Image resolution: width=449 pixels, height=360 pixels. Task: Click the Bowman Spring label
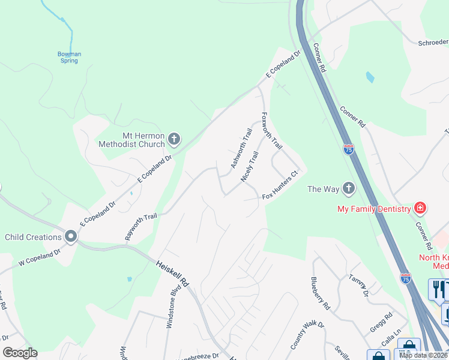click(69, 57)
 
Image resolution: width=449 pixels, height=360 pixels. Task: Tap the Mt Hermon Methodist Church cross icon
click(174, 140)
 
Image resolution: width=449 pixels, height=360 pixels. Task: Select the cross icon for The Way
click(348, 189)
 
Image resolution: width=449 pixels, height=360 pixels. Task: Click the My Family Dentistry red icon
click(420, 208)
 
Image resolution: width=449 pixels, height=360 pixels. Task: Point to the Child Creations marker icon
click(71, 237)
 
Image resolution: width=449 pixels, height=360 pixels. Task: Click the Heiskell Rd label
click(173, 273)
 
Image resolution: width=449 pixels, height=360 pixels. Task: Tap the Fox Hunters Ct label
click(280, 185)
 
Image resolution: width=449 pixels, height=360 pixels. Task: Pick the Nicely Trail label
click(249, 167)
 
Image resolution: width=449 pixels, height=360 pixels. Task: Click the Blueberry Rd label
click(320, 293)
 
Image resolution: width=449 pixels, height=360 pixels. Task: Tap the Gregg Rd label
click(380, 315)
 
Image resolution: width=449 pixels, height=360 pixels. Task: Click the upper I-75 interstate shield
click(349, 149)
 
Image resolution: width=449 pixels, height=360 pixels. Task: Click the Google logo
click(20, 353)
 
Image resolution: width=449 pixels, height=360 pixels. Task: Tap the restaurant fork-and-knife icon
click(437, 289)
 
